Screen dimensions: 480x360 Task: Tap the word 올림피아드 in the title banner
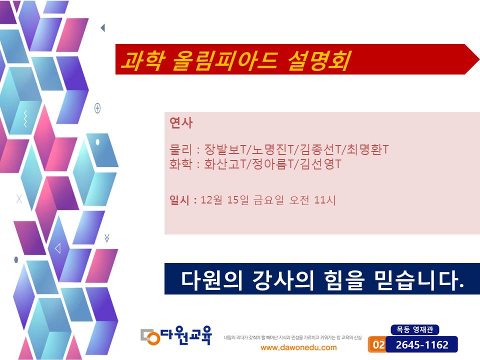point(225,60)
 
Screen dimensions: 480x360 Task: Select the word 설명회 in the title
point(318,60)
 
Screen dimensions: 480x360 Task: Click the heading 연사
point(181,123)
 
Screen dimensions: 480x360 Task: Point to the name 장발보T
point(225,149)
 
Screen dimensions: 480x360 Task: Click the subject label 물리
point(180,149)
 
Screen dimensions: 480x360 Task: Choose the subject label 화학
point(180,164)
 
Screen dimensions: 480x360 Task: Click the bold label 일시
point(179,200)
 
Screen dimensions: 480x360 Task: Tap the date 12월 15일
point(224,200)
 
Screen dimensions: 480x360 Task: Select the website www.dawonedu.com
point(298,348)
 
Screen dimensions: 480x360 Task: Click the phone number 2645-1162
point(422,345)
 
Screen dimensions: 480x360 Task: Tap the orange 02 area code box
point(378,344)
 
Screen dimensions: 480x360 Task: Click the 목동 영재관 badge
point(415,329)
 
